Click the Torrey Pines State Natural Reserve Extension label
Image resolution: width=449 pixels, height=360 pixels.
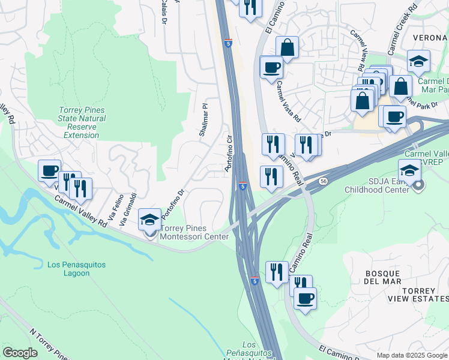[x=82, y=122]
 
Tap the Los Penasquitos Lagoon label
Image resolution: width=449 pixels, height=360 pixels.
[x=68, y=269]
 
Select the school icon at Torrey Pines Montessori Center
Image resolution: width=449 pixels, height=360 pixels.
[x=149, y=220]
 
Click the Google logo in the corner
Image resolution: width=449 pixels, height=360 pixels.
[x=20, y=353]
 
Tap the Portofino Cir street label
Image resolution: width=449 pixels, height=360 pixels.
[x=229, y=154]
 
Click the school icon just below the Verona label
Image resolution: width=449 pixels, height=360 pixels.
[x=418, y=61]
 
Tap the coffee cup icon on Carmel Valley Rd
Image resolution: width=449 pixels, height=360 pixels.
[x=49, y=170]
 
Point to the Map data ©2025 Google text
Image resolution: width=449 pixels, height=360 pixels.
[x=412, y=355]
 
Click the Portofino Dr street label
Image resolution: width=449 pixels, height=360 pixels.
[x=174, y=205]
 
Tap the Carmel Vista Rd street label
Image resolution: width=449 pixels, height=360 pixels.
[x=288, y=102]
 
